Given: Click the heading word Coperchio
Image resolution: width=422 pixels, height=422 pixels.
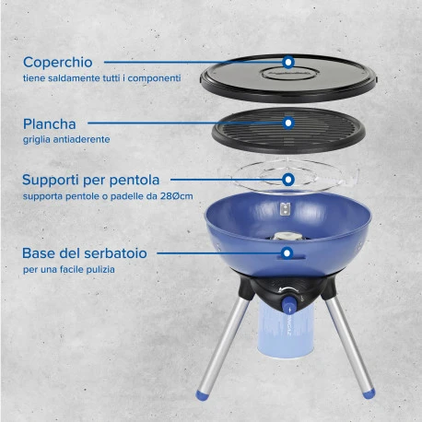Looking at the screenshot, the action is (58, 63).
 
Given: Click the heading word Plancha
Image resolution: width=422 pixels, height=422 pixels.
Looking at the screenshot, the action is (50, 124).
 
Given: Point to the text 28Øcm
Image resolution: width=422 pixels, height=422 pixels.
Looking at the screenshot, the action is (177, 196).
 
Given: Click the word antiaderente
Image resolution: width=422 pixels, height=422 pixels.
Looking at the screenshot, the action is (81, 139).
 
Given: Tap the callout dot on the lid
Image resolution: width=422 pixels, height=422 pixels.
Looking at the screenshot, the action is (288, 62).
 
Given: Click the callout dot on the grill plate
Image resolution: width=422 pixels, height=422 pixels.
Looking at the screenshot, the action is (288, 123).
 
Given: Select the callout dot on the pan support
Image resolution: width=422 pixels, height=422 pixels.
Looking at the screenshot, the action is (288, 180).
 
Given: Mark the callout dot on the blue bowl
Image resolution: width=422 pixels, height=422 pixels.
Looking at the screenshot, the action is (287, 253).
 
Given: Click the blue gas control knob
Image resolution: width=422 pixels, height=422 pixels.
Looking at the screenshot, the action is (287, 305).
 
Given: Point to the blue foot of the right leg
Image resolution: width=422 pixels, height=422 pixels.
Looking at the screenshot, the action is (369, 393).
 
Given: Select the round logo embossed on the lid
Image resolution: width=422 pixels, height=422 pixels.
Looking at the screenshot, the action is (289, 74).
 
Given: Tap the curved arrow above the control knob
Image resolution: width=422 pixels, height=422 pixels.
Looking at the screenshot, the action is (288, 289).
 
